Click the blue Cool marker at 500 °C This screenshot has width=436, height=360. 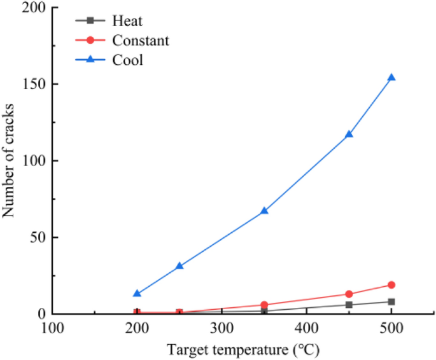pos(391,78)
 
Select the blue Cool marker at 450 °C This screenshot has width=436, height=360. pos(349,134)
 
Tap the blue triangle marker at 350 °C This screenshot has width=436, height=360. pos(264,211)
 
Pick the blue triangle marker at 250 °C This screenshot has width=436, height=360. pos(179,266)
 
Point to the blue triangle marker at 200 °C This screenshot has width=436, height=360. pos(137,293)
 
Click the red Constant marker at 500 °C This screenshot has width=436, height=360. pos(391,285)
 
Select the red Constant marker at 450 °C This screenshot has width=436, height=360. pos(349,294)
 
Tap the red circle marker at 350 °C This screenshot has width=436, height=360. pos(264,305)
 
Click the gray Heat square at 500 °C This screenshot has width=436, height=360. pos(391,301)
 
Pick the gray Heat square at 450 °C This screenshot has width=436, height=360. pos(349,305)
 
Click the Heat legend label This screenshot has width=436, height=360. pos(127,21)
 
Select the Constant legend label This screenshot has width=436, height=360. pos(141,41)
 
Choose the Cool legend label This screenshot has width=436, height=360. pos(128,60)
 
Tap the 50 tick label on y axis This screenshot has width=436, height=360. pos(36,237)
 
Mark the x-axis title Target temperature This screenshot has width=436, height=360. pos(243,349)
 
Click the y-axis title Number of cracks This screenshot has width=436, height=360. pos(10,160)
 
